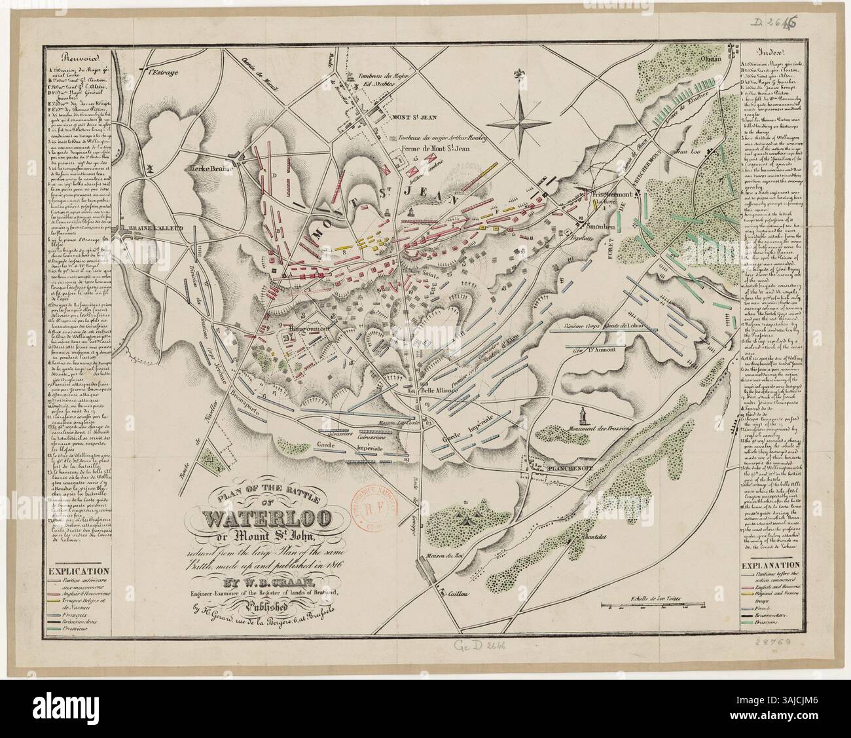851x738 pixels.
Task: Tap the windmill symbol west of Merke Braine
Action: (152, 168)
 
